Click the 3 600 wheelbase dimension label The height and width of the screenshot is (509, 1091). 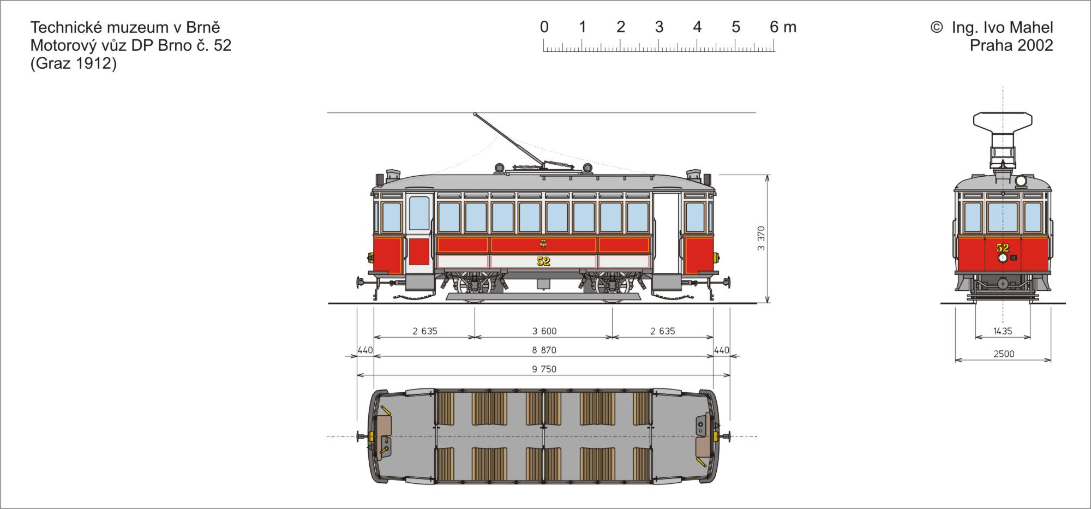click(544, 331)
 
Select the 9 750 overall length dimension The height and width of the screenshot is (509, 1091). click(544, 369)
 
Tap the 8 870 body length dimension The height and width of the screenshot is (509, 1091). click(544, 350)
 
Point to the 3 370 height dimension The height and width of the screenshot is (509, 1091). click(762, 238)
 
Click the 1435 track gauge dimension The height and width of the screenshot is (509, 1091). click(1003, 331)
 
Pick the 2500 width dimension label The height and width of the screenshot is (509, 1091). click(1004, 354)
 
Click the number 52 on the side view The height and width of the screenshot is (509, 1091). click(543, 261)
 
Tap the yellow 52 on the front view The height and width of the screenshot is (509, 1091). click(1003, 248)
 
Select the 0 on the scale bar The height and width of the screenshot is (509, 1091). click(544, 27)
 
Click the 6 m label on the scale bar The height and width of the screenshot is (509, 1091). click(783, 27)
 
